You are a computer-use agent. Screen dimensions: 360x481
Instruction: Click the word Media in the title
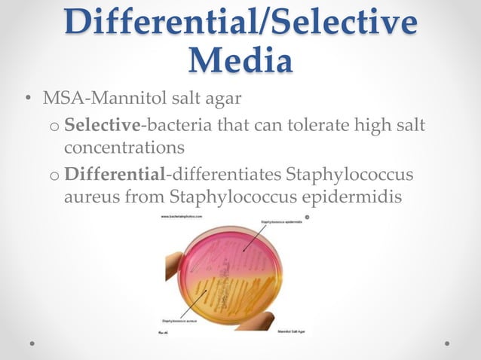[240, 60]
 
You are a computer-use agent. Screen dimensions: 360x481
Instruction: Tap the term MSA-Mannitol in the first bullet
[100, 99]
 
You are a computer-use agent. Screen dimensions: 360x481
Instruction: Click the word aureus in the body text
[88, 197]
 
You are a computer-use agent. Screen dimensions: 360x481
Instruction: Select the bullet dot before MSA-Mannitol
[27, 99]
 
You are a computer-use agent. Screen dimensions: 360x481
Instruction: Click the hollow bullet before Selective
[55, 125]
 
